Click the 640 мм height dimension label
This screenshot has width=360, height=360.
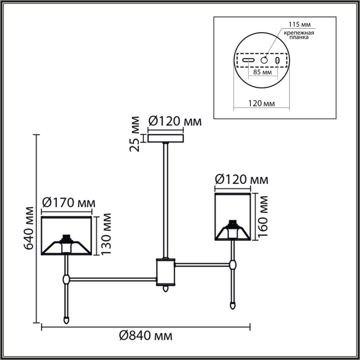coord(28,228)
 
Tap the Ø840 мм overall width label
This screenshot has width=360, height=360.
coord(145,336)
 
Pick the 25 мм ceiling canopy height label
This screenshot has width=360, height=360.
coord(135,134)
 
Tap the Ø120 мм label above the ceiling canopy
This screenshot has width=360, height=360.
coord(175,121)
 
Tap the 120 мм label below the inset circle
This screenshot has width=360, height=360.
coord(261,104)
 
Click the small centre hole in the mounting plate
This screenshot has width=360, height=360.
coord(264,60)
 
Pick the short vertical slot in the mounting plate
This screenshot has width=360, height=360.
coord(278,60)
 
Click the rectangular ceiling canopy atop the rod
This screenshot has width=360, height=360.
coord(166,139)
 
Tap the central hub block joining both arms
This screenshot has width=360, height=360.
coord(165,272)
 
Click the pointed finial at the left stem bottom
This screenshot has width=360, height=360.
coord(66,320)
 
